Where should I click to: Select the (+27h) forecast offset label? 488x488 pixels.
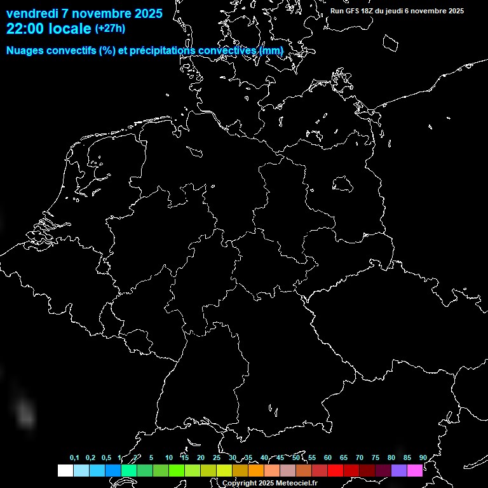[110, 29]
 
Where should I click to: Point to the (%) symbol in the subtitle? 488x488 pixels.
[107, 51]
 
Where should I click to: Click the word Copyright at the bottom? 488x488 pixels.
[240, 484]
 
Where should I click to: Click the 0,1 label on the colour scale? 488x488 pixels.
[74, 458]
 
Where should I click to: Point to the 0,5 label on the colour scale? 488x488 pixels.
[106, 458]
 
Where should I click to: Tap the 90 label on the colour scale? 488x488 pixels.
[423, 458]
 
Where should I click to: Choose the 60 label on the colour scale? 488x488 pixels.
[327, 458]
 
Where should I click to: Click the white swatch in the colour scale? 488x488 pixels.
[65, 470]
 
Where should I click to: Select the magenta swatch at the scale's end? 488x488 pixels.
[414, 470]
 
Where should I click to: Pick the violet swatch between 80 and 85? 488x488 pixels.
[398, 470]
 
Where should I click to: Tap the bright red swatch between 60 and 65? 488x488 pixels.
[335, 470]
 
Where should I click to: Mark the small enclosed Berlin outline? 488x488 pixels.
[342, 184]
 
